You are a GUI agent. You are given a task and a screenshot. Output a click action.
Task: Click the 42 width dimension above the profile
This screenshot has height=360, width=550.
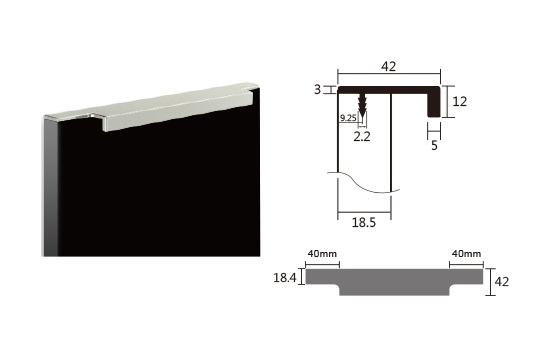389,66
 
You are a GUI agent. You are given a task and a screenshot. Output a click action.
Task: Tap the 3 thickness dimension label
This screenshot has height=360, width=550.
317,90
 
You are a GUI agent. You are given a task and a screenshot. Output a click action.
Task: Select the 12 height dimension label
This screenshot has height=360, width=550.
460,101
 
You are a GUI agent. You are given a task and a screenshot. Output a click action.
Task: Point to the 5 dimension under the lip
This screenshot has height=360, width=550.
434,145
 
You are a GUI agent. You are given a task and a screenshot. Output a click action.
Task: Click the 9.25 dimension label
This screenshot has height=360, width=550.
348,118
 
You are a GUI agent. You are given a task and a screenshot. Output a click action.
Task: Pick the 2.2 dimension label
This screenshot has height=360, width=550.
362,136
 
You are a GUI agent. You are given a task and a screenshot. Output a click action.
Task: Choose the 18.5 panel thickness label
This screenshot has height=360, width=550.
364,222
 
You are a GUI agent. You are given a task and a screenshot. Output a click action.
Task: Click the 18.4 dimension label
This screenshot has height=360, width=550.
285,278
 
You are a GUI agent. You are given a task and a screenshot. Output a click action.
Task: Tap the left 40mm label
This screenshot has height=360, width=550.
322,253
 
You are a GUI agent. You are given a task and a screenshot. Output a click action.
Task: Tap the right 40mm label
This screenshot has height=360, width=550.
466,253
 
